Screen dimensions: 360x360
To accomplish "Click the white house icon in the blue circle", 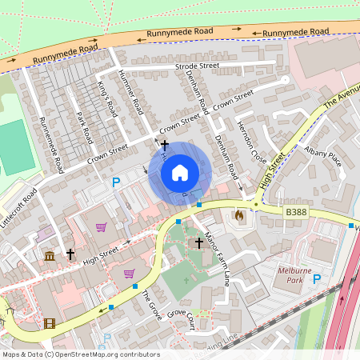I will (x=180, y=173).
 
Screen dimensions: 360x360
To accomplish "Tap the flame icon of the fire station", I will (x=238, y=215).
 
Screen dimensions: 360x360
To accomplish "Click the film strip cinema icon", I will (x=50, y=324).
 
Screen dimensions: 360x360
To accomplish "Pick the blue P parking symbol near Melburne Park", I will (x=317, y=279).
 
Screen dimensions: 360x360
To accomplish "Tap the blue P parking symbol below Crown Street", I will (x=116, y=183).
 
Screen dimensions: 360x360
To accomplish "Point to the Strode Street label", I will (x=197, y=66).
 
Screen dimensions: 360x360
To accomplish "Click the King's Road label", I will (x=107, y=100).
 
